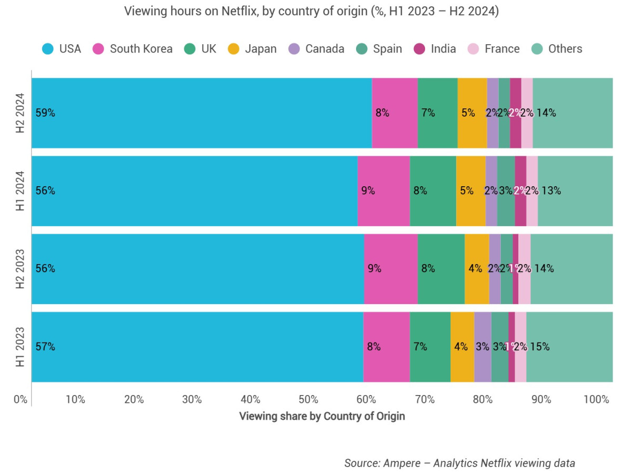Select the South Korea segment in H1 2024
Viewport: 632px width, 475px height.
click(x=383, y=191)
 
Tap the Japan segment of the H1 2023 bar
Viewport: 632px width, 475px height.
click(x=462, y=347)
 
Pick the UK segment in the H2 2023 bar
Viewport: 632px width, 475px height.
click(x=441, y=269)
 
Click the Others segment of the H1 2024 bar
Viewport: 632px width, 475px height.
click(x=575, y=191)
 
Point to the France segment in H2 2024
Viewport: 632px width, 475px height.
click(x=527, y=113)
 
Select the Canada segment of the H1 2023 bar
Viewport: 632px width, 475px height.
click(x=482, y=347)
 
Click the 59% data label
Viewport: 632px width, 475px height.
click(x=45, y=113)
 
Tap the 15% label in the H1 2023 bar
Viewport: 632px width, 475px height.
click(x=540, y=347)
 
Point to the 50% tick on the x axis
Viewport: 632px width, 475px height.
click(x=309, y=399)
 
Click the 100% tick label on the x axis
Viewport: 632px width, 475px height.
click(x=596, y=399)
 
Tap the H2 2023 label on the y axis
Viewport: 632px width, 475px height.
click(x=20, y=269)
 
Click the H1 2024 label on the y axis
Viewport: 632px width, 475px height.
click(x=20, y=191)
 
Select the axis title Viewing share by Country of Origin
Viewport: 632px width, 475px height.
click(x=322, y=416)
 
